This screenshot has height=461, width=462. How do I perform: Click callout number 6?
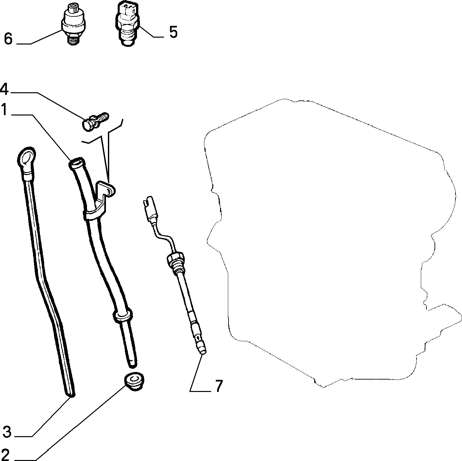click(x=8, y=38)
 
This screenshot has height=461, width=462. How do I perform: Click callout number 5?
click(x=173, y=32)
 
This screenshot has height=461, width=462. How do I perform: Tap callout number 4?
click(x=4, y=89)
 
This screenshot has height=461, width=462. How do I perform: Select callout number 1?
click(x=5, y=109)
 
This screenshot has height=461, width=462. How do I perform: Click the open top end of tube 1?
click(x=76, y=162)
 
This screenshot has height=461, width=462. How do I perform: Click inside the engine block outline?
click(x=324, y=240)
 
